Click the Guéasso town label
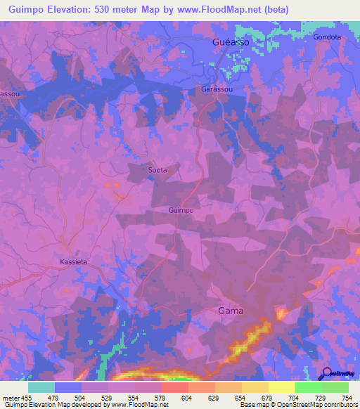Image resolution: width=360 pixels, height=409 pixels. tap(229, 42)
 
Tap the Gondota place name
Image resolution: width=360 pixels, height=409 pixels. tap(328, 37)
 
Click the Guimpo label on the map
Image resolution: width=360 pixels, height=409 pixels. tap(181, 210)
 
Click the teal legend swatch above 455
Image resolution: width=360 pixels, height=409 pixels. tap(41, 387)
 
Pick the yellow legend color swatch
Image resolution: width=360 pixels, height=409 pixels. tap(281, 387)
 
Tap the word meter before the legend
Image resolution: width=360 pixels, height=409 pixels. tap(11, 398)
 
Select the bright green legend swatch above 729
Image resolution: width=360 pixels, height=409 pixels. tap(309, 387)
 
